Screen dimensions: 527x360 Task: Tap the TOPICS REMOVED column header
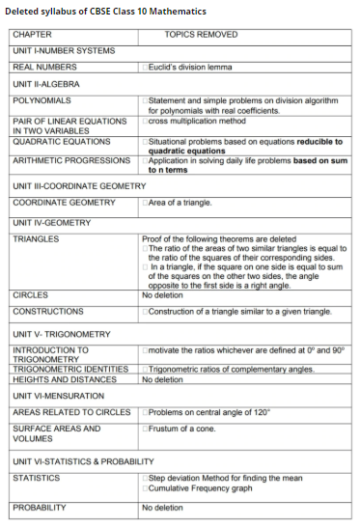pyautogui.click(x=201, y=34)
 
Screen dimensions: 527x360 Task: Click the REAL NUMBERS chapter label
pyautogui.click(x=44, y=67)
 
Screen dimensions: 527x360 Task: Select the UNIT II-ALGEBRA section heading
pyautogui.click(x=45, y=84)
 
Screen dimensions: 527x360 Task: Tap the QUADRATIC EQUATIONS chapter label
pyautogui.click(x=57, y=139)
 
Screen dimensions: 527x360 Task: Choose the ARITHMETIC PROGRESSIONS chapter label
pyautogui.click(x=70, y=160)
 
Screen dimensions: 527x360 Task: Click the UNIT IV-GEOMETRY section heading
pyautogui.click(x=51, y=223)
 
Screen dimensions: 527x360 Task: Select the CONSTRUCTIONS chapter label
pyautogui.click(x=47, y=312)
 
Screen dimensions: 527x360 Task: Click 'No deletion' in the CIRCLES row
pyautogui.click(x=162, y=294)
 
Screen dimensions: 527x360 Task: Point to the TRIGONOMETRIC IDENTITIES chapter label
pyautogui.click(x=70, y=370)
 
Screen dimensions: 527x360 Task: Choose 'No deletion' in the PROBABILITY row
pyautogui.click(x=162, y=507)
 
